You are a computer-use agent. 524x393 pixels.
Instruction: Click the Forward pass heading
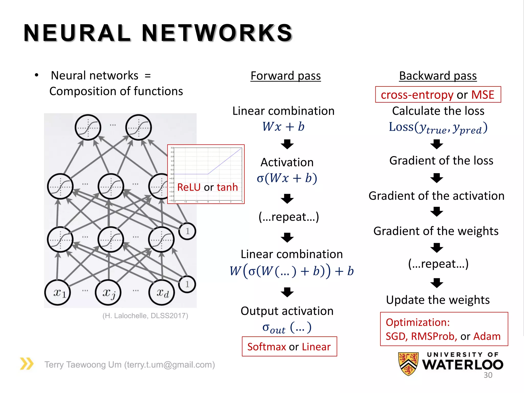(x=286, y=76)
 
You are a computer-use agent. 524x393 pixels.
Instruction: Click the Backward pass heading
(x=438, y=76)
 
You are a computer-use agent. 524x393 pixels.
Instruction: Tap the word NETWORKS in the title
(x=217, y=33)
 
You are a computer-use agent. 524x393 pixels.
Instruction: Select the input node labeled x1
(x=58, y=292)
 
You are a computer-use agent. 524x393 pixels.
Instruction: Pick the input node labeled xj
(x=108, y=292)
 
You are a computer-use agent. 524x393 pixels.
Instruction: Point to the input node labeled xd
(x=162, y=292)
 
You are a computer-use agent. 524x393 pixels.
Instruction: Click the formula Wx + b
(x=283, y=127)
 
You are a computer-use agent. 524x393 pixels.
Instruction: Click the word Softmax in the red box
(x=266, y=347)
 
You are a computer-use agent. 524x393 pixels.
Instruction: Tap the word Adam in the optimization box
(x=487, y=336)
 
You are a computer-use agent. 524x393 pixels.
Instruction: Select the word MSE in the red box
(x=483, y=95)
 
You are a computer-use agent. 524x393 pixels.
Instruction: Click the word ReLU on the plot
(x=189, y=187)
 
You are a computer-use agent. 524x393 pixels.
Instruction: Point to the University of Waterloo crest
(x=408, y=364)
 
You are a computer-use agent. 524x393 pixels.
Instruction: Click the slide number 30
(x=488, y=375)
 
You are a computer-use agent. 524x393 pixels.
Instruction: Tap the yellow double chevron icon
(x=27, y=364)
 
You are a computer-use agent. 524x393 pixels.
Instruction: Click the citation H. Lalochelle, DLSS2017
(x=145, y=316)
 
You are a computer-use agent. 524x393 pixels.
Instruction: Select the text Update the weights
(x=438, y=300)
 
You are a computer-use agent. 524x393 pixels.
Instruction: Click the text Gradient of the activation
(x=436, y=196)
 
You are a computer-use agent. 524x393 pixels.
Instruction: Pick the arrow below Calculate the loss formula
(x=436, y=144)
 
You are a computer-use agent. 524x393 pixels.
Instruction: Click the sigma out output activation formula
(x=287, y=328)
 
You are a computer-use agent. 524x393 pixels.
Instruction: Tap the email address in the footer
(x=169, y=365)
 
